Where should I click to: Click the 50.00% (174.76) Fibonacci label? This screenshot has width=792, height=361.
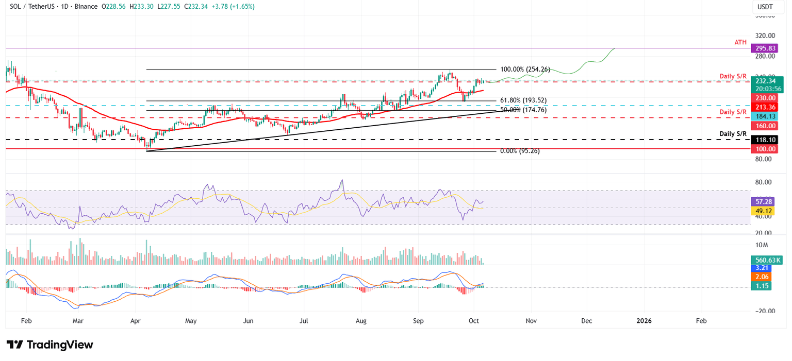523,110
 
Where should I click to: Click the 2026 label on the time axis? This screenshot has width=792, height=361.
643,321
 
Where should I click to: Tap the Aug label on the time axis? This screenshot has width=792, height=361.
361,321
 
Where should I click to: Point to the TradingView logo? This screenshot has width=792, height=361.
50,345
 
